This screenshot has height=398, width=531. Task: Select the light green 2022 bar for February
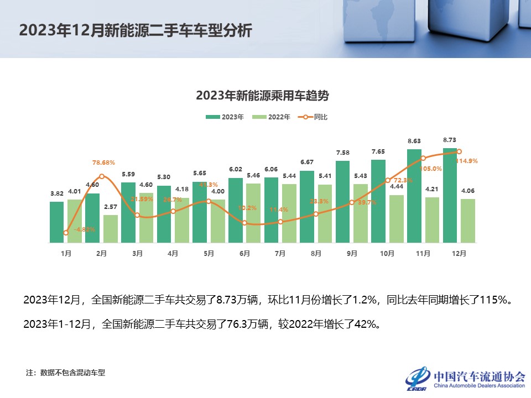110,229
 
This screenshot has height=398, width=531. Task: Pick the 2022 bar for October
396,218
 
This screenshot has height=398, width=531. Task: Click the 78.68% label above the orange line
103,163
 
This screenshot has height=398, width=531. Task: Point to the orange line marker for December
459,151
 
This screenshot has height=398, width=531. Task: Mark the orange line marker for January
66,233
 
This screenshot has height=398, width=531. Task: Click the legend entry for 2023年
225,117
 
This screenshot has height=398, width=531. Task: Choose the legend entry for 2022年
271,117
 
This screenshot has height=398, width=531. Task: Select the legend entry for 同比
313,117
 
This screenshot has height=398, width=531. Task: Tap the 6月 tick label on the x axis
244,253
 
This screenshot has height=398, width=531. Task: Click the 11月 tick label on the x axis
423,253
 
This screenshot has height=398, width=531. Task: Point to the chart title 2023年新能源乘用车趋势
262,96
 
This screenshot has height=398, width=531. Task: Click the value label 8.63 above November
414,142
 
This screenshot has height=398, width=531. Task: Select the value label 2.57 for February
110,207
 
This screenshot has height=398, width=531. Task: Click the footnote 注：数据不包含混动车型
65,373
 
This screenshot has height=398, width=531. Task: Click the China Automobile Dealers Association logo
465,378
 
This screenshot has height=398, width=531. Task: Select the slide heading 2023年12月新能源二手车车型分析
136,30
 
